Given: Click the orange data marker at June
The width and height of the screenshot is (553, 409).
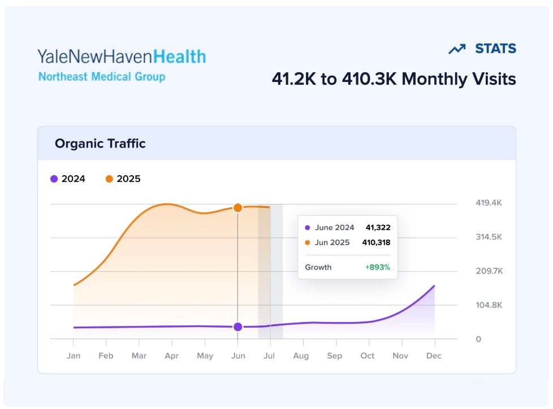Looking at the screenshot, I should click(237, 208).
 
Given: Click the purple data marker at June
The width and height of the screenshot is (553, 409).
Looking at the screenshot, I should click(237, 327).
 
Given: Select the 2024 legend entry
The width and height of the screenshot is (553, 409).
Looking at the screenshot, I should click(68, 179).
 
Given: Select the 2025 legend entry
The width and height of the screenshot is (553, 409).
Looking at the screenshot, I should click(123, 179).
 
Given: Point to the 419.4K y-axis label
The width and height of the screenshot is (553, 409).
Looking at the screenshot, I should click(489, 203).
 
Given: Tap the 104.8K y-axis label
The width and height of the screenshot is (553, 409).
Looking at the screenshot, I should click(489, 305).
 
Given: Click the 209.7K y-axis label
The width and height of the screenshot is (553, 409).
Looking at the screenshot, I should click(489, 271).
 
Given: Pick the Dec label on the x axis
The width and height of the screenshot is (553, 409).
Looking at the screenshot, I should click(434, 356).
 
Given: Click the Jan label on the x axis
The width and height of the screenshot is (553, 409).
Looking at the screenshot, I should click(74, 356).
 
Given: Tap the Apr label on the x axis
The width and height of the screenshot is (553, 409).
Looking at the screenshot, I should click(172, 356).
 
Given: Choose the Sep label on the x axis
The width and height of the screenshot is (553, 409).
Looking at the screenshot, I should click(335, 356).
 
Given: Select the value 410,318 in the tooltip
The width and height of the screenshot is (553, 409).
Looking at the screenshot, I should click(376, 242).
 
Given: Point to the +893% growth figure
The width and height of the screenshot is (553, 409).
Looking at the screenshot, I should click(378, 267).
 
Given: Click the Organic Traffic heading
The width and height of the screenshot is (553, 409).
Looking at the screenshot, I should click(100, 143).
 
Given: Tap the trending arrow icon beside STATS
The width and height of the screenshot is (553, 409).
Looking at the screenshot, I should click(456, 49).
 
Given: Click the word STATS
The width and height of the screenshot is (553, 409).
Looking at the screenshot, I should click(495, 49).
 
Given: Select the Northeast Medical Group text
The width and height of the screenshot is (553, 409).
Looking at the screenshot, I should click(102, 76).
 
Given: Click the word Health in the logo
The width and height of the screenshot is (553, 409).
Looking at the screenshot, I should click(180, 56).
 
